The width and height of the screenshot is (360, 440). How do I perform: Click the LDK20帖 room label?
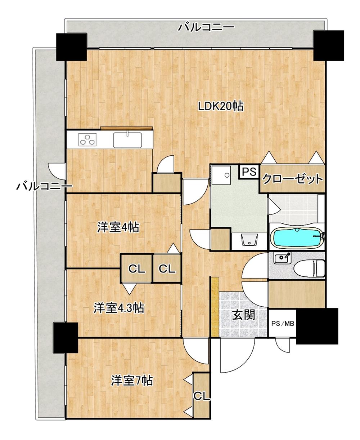[221, 106]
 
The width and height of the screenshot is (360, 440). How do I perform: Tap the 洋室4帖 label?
[118, 227]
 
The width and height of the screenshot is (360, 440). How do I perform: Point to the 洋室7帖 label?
[131, 380]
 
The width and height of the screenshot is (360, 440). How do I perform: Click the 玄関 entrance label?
[243, 315]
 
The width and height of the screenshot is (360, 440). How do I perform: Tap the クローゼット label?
[292, 179]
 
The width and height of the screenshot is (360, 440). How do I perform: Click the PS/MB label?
[283, 323]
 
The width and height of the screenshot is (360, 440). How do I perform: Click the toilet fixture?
[309, 268]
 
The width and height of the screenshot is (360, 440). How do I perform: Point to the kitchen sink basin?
[128, 140]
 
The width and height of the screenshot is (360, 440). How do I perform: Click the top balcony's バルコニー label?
[206, 27]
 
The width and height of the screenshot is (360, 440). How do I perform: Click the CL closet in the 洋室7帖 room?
[202, 396]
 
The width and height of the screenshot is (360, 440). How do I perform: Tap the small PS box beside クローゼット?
[249, 172]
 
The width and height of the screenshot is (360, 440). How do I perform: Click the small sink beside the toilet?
[282, 258]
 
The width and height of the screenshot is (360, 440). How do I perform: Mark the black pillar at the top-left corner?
[72, 47]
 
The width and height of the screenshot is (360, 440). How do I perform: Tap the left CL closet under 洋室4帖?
[136, 268]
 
